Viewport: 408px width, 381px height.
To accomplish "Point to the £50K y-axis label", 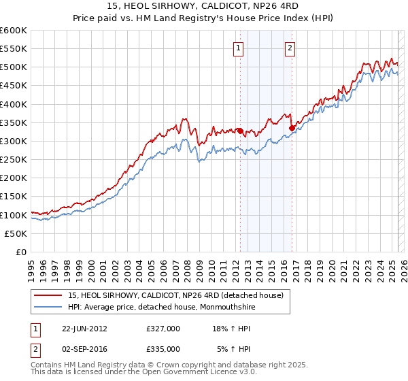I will (x=16, y=233).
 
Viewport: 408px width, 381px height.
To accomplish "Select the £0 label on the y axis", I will (x=21, y=252).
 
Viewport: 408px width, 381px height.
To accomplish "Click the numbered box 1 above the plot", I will (x=239, y=48).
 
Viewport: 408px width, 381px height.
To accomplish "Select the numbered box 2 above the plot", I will (x=290, y=48).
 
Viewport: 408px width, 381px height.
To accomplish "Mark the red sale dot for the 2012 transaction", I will (x=240, y=131).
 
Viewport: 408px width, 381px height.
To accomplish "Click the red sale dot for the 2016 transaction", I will (x=291, y=128).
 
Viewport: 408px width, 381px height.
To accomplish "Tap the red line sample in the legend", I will (x=50, y=295).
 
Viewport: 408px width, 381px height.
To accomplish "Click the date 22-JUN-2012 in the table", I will (x=85, y=329).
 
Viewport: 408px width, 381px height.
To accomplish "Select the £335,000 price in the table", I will (x=163, y=348).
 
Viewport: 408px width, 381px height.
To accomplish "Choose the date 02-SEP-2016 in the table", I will (x=85, y=348).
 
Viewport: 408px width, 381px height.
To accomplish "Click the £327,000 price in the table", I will (x=163, y=329).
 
